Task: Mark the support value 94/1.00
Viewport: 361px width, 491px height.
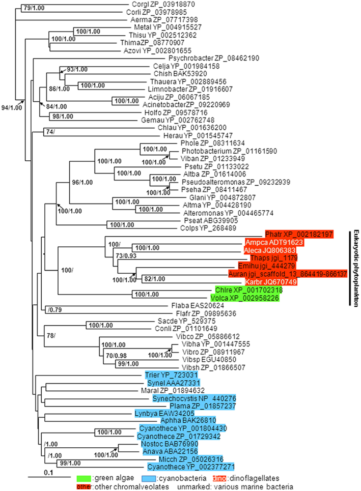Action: coord(10,107)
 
